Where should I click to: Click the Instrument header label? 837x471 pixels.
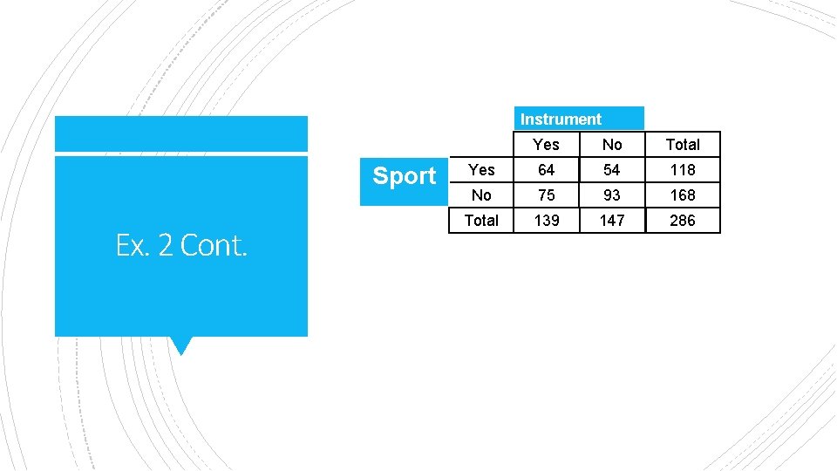[561, 119]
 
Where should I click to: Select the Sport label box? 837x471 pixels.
[404, 176]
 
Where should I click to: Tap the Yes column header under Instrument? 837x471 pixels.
[546, 144]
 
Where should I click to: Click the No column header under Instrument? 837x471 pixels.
[612, 144]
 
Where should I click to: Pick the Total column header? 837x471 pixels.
[683, 144]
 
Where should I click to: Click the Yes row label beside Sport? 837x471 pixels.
[481, 169]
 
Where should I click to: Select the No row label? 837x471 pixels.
[481, 195]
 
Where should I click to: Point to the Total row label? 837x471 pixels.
[481, 220]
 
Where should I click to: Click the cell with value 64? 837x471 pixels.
[546, 169]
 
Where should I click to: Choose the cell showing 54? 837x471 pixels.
[612, 169]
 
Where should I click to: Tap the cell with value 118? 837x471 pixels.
[683, 169]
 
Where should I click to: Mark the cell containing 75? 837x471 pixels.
[546, 195]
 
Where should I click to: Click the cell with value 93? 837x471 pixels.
[612, 195]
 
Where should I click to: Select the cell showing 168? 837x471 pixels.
[683, 195]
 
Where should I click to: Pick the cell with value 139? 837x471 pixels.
[546, 220]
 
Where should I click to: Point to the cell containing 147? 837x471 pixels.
[612, 220]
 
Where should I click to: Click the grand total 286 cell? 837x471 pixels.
[683, 220]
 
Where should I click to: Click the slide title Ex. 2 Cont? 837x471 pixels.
[181, 246]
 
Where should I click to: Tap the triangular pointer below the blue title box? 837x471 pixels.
[181, 345]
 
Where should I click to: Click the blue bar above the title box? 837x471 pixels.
[181, 134]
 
